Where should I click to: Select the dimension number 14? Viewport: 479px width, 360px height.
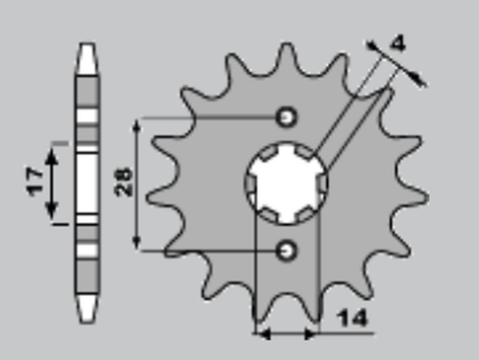click(x=352, y=319)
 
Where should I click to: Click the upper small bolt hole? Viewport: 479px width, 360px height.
click(x=288, y=118)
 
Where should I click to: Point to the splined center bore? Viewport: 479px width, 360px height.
click(x=287, y=182)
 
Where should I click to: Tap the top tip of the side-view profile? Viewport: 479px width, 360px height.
click(x=86, y=47)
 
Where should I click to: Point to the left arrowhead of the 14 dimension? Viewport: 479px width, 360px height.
click(x=262, y=330)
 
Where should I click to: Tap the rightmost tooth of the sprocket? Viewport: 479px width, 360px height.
click(x=421, y=197)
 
